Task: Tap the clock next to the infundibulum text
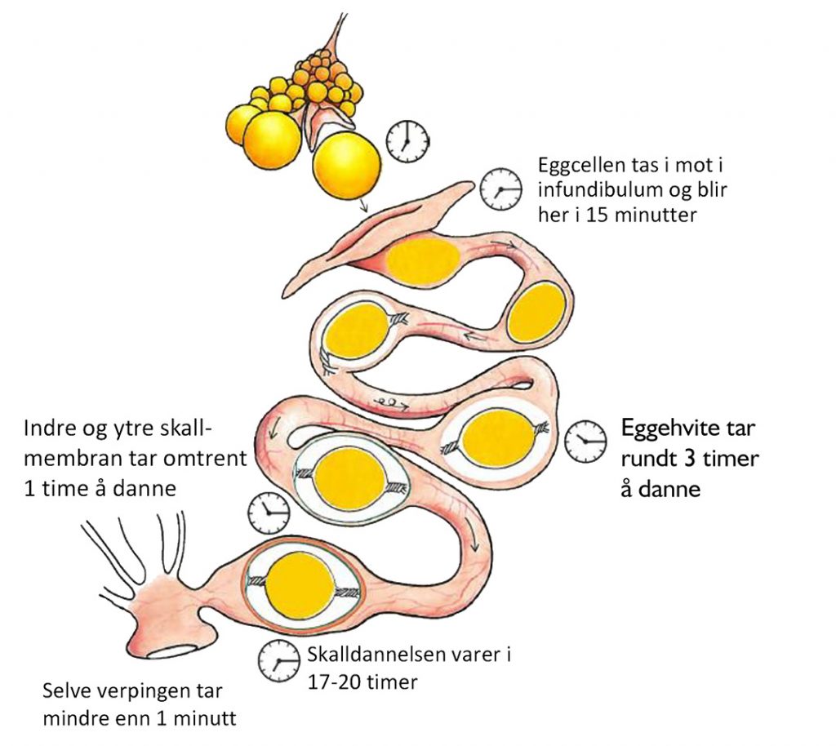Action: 500,189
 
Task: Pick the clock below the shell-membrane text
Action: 269,514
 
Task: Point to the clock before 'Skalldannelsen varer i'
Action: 278,660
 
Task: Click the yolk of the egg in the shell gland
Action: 301,587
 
